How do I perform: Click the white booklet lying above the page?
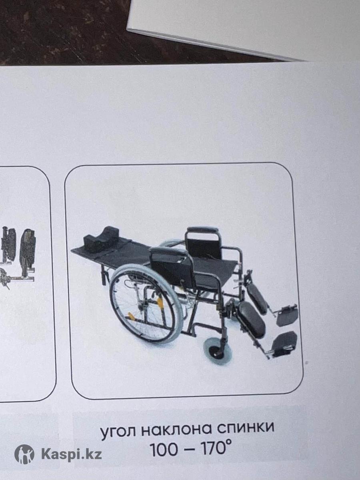tap(244, 28)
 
